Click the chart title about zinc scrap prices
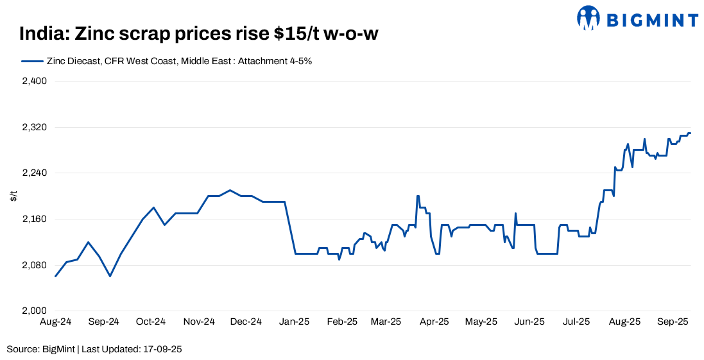(x=198, y=34)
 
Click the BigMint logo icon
(x=588, y=18)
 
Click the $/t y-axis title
(x=13, y=196)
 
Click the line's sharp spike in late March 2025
(x=418, y=196)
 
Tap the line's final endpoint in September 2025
(x=690, y=133)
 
